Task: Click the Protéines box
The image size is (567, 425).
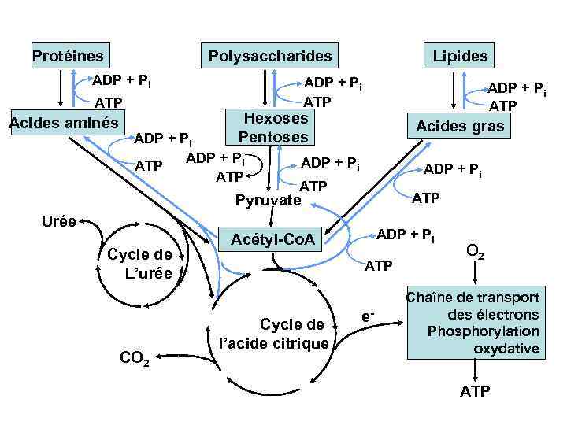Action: click(68, 56)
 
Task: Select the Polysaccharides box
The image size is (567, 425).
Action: click(269, 56)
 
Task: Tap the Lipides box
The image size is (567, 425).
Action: click(460, 56)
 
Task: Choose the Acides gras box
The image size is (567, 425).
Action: click(460, 126)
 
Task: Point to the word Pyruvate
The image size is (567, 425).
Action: click(268, 201)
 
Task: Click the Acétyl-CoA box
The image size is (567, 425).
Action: click(272, 238)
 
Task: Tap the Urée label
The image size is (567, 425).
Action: click(60, 221)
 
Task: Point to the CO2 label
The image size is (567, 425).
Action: click(135, 359)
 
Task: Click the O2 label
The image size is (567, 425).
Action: click(475, 253)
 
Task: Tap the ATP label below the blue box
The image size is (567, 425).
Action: click(475, 391)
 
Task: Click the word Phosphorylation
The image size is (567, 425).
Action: click(483, 331)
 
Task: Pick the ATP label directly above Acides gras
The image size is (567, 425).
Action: click(502, 106)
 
